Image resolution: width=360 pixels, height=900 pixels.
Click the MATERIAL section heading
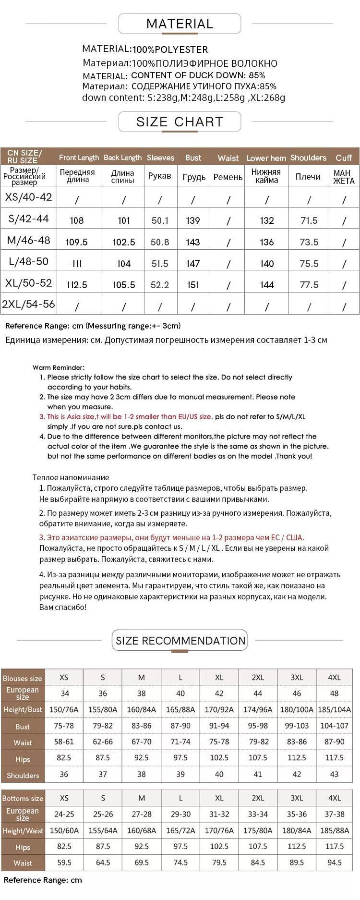point(180,24)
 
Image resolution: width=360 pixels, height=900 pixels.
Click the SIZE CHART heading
point(180,122)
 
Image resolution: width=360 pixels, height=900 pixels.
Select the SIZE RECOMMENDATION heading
point(180,641)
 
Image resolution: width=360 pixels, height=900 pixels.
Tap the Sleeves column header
point(160,158)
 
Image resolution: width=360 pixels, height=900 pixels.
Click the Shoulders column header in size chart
point(308,158)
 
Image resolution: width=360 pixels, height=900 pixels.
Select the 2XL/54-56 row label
point(28,304)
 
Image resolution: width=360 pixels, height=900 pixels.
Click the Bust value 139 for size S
point(193,220)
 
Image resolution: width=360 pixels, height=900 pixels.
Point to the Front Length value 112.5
point(77,285)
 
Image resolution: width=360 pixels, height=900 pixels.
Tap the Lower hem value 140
point(266,264)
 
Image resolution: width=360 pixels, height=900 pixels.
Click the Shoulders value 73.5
point(309,242)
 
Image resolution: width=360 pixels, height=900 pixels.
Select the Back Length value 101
point(124,220)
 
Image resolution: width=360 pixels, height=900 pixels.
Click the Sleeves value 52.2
point(160,285)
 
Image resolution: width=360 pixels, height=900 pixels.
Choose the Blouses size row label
point(23,678)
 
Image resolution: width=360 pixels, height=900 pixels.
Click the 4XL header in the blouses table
point(334,677)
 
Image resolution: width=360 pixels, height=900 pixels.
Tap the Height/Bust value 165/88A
point(180,709)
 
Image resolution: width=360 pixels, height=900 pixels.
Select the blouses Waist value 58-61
point(64,742)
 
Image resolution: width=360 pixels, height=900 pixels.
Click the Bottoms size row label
point(23,798)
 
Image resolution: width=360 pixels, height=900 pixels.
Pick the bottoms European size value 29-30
point(180,814)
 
